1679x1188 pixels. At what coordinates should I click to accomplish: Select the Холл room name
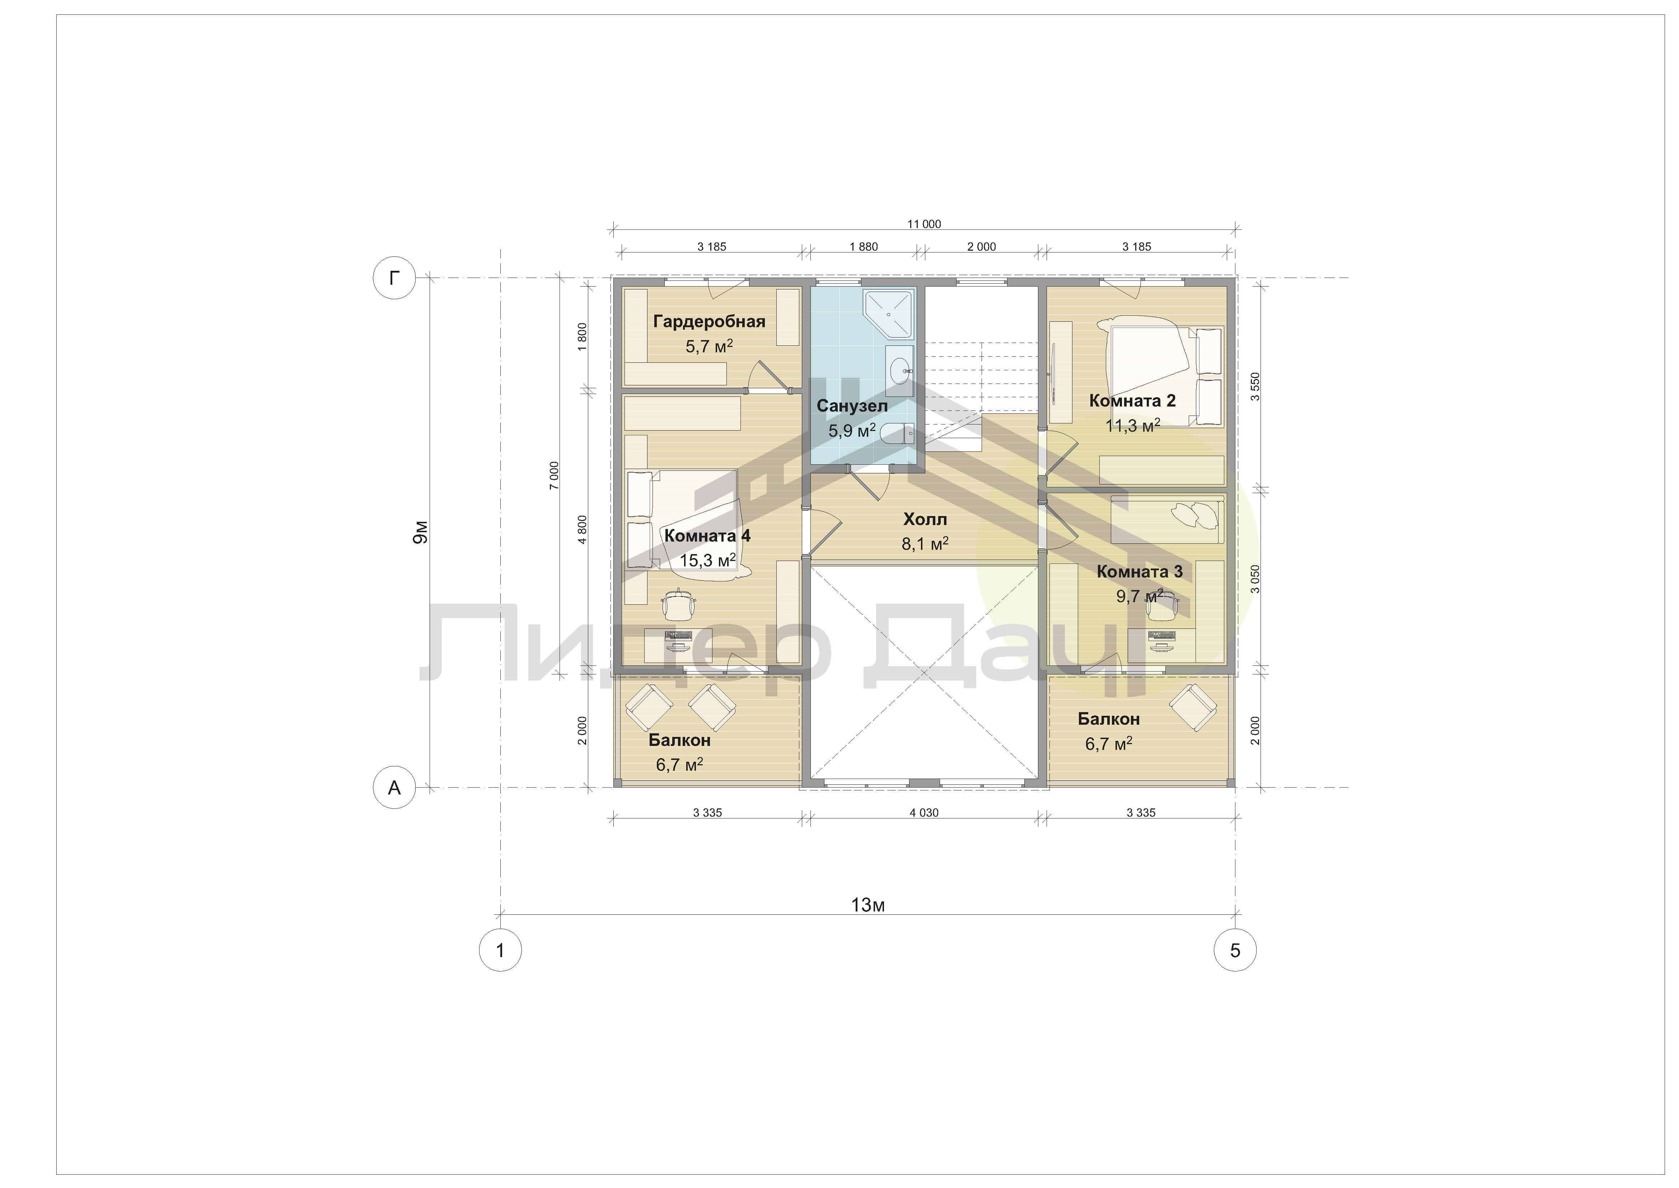[x=925, y=519]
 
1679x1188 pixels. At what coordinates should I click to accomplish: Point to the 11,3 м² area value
[x=1133, y=426]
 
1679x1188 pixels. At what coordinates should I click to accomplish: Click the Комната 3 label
[x=1139, y=571]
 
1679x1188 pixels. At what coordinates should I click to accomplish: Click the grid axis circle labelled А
[x=394, y=788]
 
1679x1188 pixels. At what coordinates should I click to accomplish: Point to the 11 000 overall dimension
[x=924, y=224]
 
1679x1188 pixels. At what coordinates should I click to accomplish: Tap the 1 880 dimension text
[x=864, y=246]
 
